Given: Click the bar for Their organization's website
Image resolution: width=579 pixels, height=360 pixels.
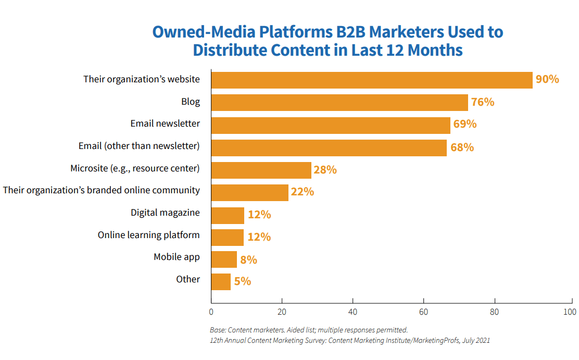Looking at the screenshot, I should [x=372, y=80].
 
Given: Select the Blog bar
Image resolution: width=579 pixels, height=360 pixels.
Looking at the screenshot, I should [x=339, y=102].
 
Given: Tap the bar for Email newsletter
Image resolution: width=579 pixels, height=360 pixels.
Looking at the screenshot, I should [x=331, y=125].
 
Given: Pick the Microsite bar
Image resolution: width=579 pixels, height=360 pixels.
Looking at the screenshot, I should [x=261, y=170].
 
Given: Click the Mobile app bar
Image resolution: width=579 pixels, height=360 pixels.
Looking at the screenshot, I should [x=224, y=259].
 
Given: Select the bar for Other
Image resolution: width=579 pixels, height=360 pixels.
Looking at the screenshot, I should [x=221, y=282].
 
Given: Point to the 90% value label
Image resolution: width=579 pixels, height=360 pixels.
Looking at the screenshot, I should [x=547, y=79].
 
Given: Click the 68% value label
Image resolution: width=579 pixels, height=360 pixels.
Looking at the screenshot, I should [x=462, y=147].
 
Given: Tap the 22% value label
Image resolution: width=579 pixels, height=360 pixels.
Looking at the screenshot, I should [x=303, y=192].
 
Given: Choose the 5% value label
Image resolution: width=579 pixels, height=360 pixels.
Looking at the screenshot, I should [x=242, y=281].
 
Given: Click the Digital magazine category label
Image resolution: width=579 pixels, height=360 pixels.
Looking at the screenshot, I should [x=165, y=213].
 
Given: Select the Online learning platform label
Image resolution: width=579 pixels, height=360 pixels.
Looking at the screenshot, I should [x=148, y=235].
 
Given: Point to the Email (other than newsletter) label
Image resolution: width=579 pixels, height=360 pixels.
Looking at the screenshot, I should [x=139, y=145].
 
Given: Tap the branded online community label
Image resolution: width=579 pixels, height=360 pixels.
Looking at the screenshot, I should [x=102, y=190].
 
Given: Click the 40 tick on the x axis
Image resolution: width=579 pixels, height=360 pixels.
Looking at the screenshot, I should [x=353, y=312].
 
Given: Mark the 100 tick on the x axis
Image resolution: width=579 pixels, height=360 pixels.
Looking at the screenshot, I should [x=570, y=312].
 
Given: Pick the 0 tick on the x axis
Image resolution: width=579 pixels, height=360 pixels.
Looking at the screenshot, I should [x=211, y=312].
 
